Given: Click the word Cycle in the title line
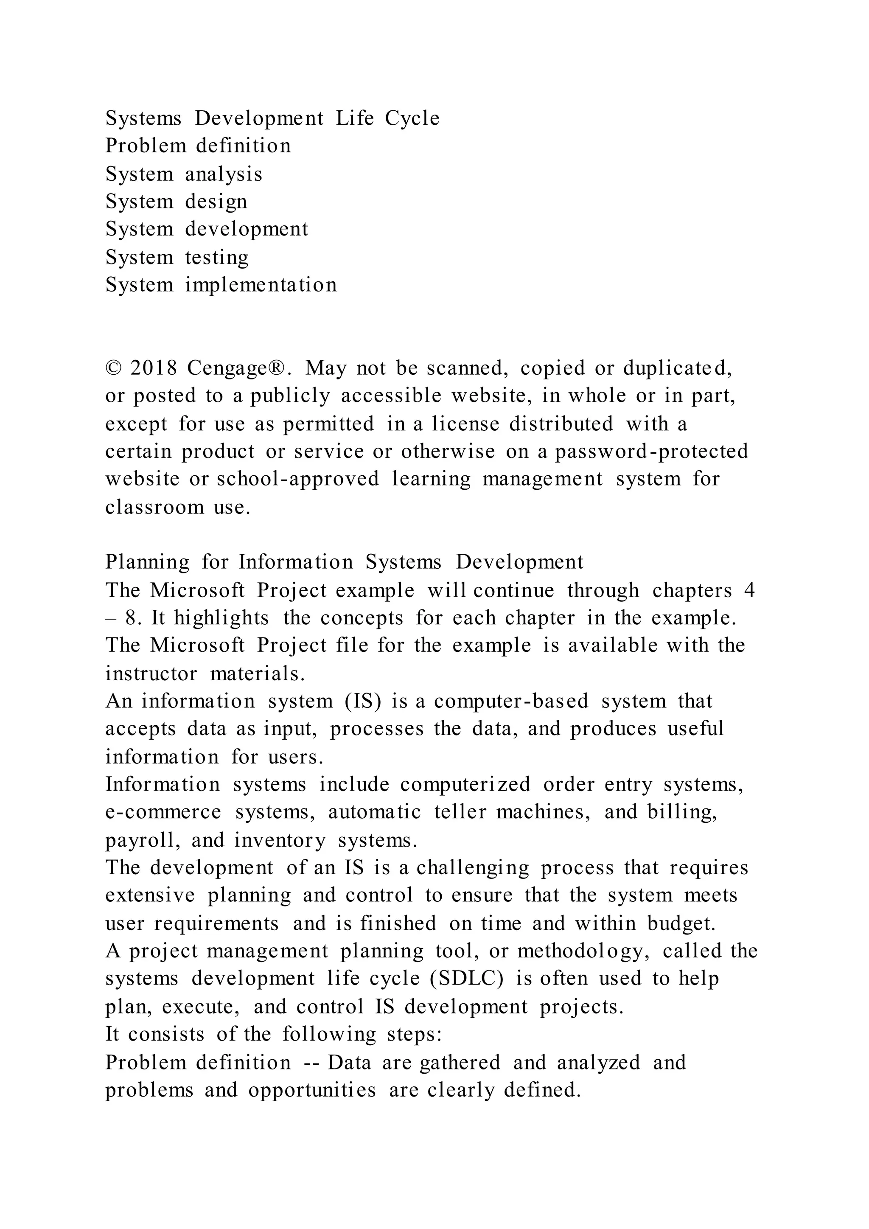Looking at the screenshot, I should (x=412, y=118).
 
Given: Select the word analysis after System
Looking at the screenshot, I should (x=224, y=174).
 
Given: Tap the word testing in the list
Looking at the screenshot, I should (x=217, y=258).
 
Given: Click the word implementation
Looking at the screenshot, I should (x=261, y=285).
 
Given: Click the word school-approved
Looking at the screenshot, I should (x=297, y=479).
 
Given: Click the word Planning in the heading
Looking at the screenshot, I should (x=147, y=562).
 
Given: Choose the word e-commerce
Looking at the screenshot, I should (x=163, y=812).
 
